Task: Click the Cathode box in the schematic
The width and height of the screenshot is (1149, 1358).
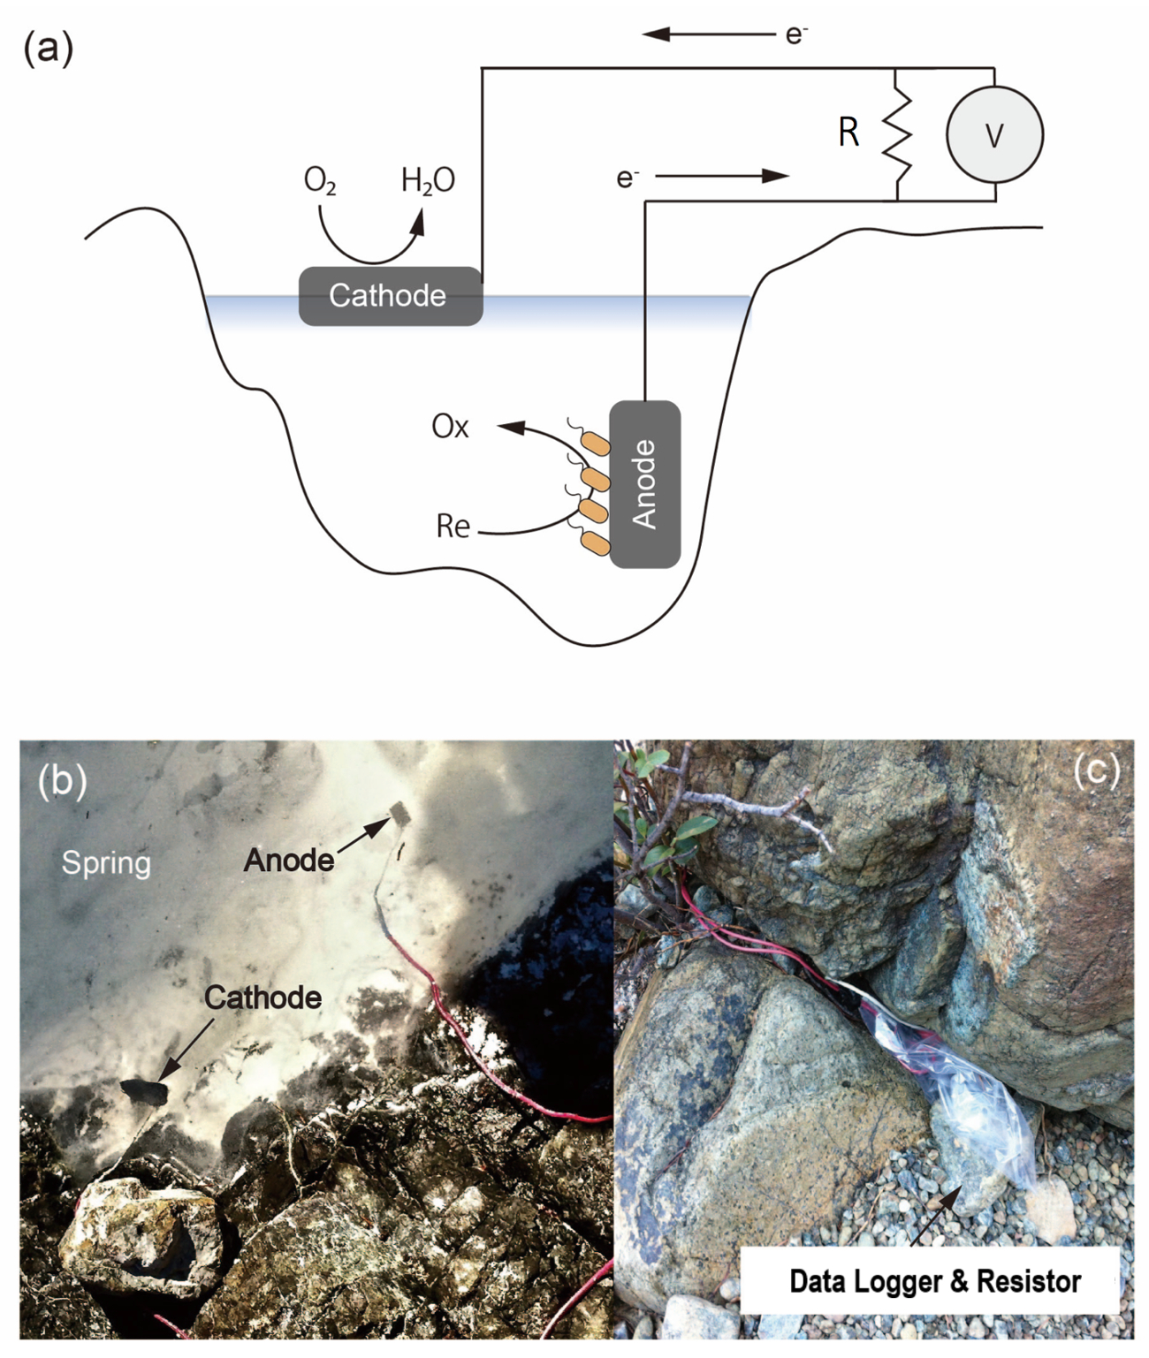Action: point(390,296)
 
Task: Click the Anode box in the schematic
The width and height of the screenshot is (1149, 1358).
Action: point(645,484)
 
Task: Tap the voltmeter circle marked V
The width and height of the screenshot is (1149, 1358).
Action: point(994,134)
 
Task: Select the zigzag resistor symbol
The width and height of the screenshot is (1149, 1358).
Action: point(897,134)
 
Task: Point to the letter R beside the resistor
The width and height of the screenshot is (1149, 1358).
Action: point(848,133)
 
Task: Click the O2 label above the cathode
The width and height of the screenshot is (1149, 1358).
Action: point(319,180)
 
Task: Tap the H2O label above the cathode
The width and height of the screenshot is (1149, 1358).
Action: point(428,180)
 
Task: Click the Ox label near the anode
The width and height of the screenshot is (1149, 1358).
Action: point(450,427)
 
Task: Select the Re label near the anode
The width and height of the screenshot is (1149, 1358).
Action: point(453,527)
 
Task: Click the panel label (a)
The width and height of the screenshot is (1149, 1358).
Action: point(48,48)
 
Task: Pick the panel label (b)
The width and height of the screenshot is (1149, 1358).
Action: point(63,780)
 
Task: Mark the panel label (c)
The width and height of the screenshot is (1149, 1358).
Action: point(1096,770)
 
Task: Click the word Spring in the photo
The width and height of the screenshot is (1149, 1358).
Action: point(106,862)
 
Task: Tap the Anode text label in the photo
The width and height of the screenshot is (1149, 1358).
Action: point(289,860)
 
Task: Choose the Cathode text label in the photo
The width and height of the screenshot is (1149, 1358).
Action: point(263,998)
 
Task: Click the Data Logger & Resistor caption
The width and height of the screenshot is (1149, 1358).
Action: point(934,1281)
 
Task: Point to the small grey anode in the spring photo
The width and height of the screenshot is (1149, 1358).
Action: point(400,813)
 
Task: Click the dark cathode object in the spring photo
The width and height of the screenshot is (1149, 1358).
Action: point(143,1093)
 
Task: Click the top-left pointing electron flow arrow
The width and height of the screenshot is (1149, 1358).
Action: point(707,34)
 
